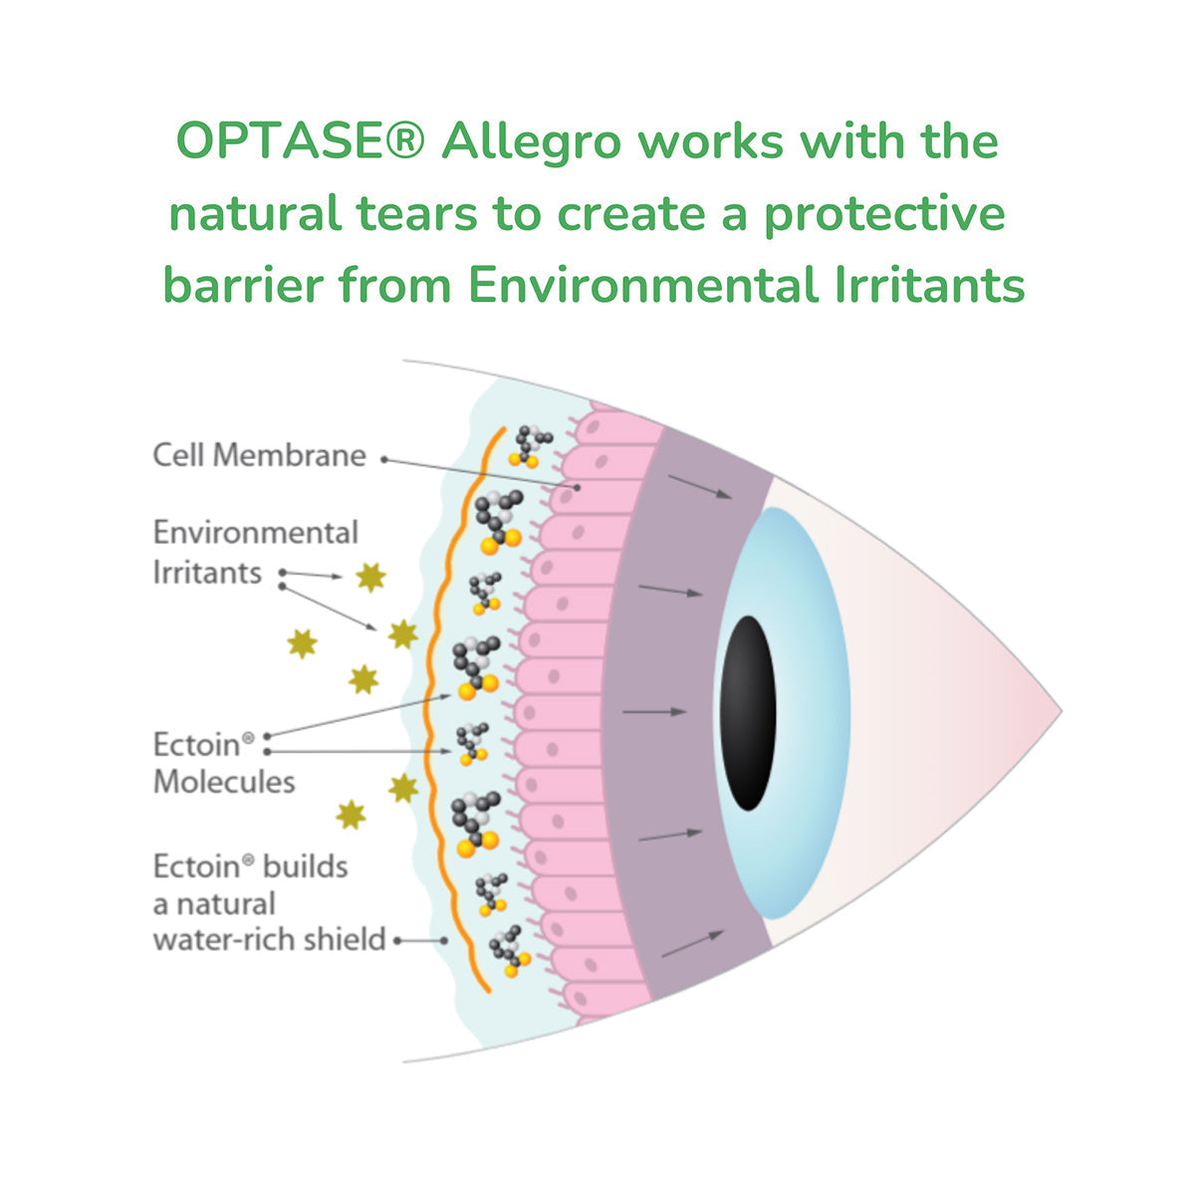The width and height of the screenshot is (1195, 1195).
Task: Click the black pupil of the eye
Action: point(747,712)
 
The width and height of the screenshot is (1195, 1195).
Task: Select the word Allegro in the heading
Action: point(531,142)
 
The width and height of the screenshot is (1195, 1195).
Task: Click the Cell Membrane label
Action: point(259,456)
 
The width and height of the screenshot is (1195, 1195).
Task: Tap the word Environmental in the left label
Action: point(256,533)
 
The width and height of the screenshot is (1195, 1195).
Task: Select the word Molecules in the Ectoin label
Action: point(224,782)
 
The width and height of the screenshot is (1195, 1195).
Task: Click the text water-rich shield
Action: point(269,939)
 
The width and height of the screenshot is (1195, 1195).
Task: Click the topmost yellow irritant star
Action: point(370,577)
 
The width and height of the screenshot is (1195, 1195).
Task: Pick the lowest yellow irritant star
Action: point(350,815)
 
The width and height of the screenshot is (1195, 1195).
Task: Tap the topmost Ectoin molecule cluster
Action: point(531,445)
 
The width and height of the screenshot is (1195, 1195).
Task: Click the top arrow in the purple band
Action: point(700,487)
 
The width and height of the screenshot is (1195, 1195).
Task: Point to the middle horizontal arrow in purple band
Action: point(654,712)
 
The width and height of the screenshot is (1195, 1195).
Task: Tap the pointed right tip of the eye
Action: point(1059,712)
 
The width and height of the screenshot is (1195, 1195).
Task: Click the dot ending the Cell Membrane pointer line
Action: point(577,488)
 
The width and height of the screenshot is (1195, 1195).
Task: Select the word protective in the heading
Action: point(884,214)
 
